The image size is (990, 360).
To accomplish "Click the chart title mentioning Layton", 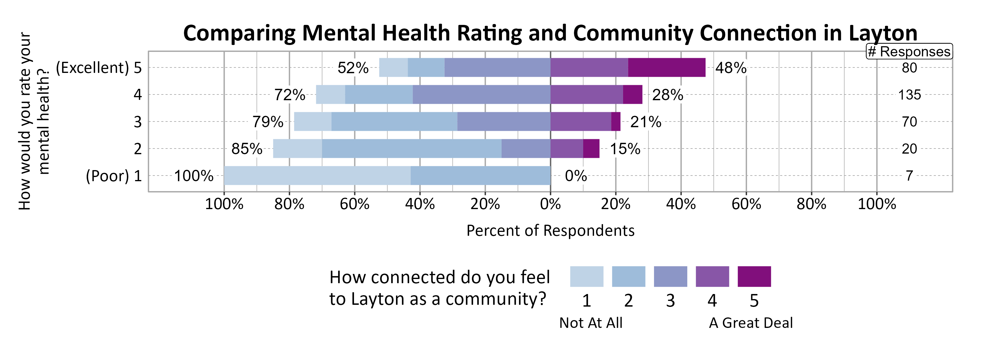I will coord(550,33).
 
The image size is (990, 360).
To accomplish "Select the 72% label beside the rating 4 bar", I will coord(289,95).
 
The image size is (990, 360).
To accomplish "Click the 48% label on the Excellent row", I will coord(730,68).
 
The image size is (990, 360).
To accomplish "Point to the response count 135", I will coord(909,95).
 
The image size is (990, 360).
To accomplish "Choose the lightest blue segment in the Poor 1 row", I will coord(317,175).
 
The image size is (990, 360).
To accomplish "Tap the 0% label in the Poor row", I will coord(576,176).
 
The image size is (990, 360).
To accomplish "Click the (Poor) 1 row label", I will coord(114,176).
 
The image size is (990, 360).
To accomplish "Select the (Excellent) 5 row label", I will coord(99,68).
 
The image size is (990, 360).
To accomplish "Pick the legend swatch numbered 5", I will coord(754,277).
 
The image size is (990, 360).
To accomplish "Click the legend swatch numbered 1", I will coord(586,277).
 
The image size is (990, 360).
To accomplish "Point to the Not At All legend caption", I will coord(591,323).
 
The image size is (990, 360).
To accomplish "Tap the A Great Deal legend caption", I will coord(751,323).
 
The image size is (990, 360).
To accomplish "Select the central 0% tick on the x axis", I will coord(550,204).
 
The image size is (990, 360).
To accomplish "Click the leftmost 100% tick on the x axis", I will coord(224,204).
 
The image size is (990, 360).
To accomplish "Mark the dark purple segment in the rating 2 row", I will coord(591,149).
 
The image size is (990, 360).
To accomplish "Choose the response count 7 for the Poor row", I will coord(909,176).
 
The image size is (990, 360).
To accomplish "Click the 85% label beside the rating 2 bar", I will coord(247,149).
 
